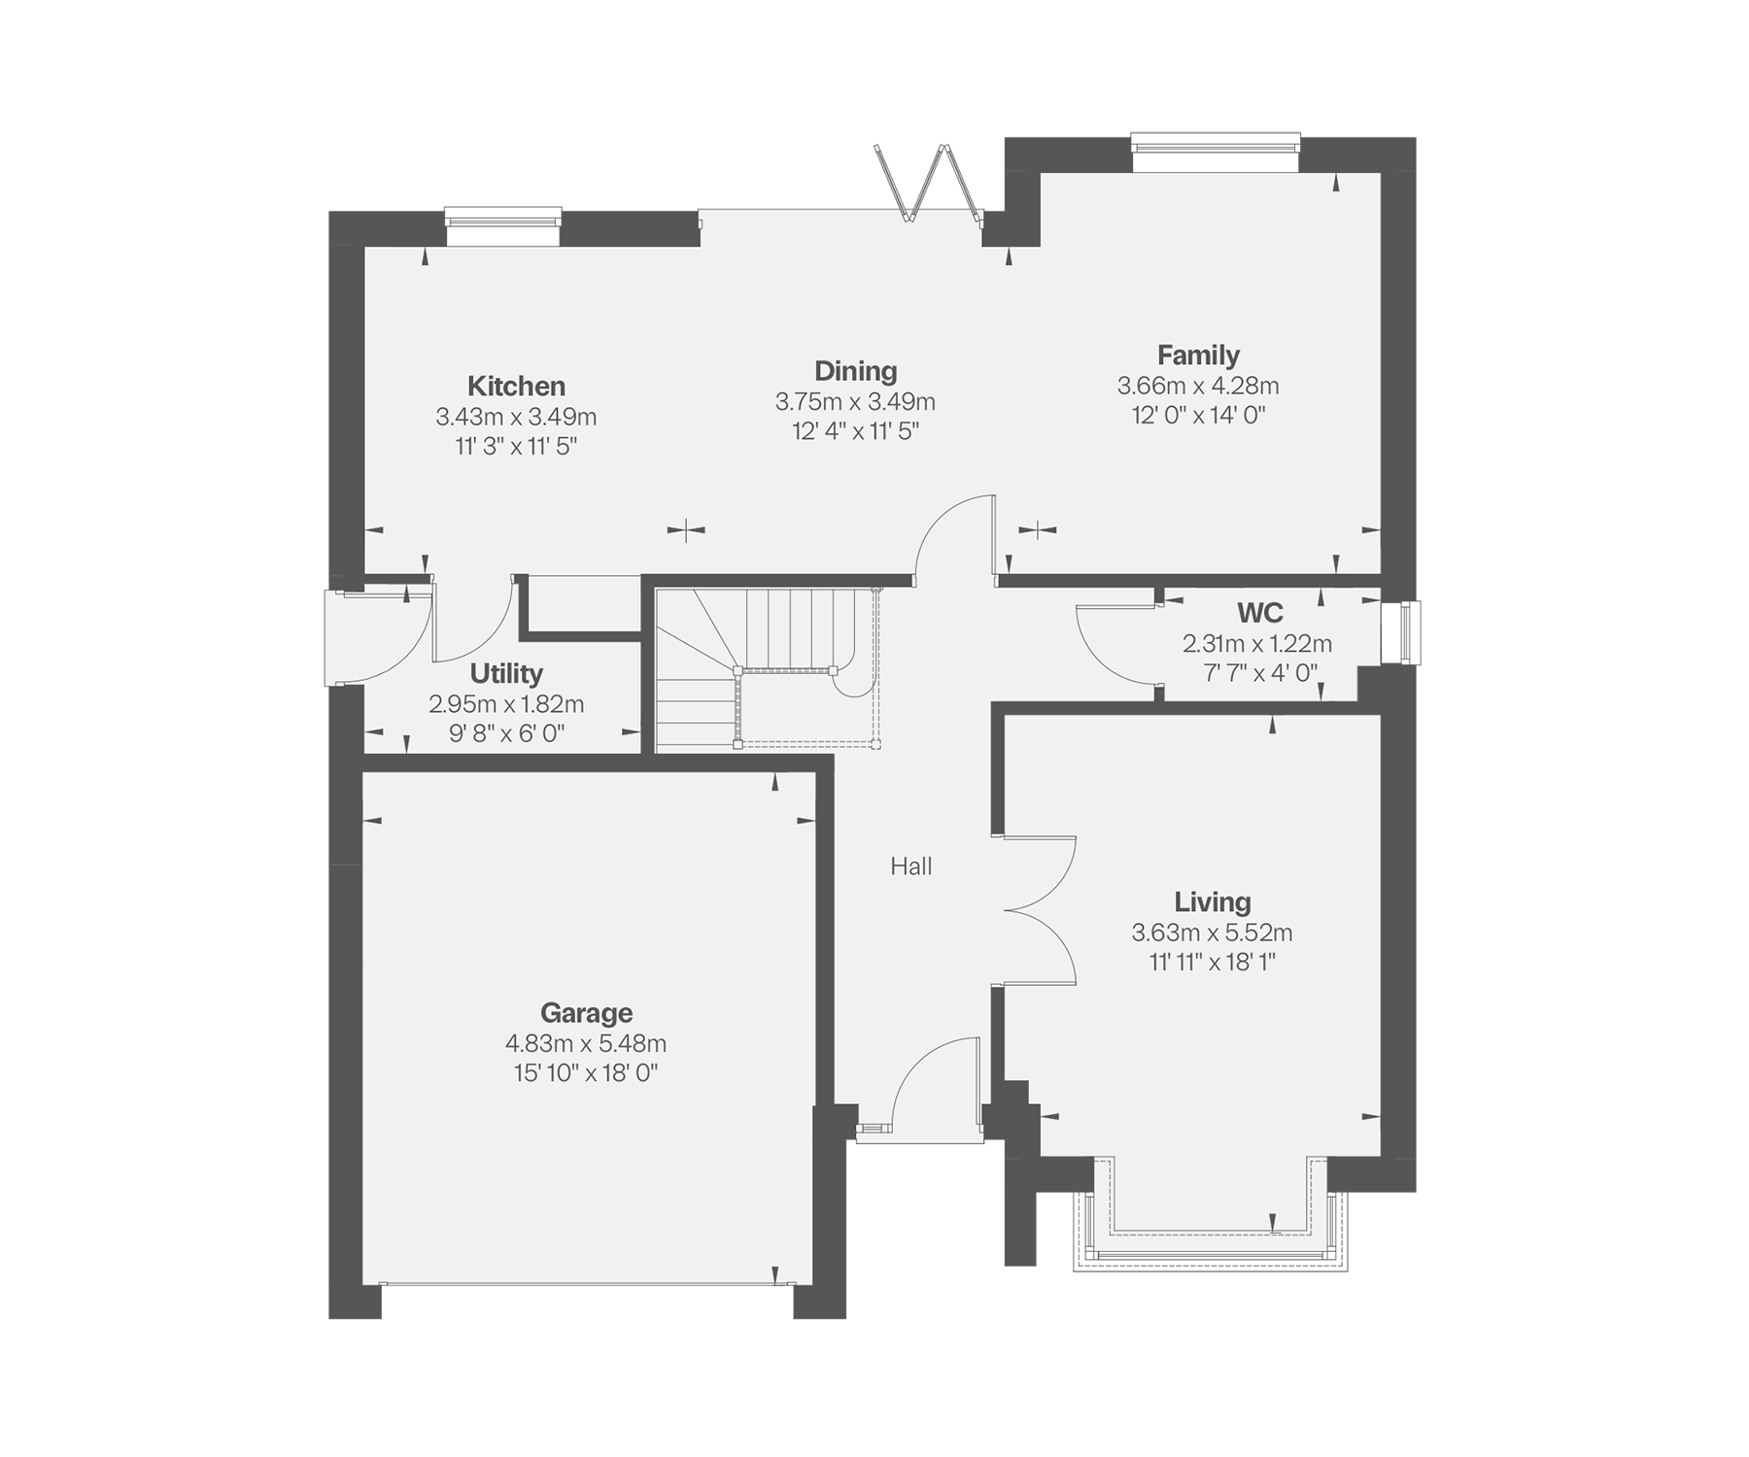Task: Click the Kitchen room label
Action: tap(516, 386)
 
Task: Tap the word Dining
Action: tap(855, 371)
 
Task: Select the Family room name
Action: tap(1198, 356)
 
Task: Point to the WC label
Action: tap(1259, 613)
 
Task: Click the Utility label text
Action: tap(506, 673)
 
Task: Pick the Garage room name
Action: tap(586, 1013)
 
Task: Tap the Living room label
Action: tap(1212, 902)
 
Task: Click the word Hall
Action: tap(911, 866)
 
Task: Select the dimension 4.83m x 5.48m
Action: tap(586, 1043)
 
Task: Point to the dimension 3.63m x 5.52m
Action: tap(1212, 932)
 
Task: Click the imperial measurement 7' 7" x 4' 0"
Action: tap(1259, 672)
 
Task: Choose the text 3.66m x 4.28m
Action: tap(1198, 386)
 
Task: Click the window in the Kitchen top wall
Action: tap(503, 225)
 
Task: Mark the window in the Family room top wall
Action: tap(1216, 152)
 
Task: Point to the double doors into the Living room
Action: tap(1040, 910)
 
